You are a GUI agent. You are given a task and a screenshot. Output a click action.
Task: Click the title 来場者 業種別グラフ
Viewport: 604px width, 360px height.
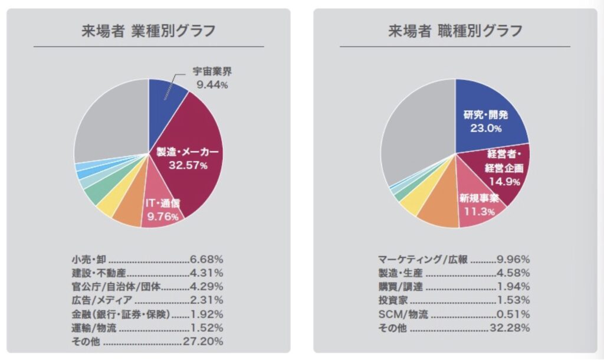148,31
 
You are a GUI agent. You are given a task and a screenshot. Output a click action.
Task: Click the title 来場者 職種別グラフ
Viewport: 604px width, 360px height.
455,31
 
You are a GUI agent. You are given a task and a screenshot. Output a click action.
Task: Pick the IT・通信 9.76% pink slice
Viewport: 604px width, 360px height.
160,210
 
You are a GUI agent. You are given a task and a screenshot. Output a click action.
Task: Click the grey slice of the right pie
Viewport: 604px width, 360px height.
413,130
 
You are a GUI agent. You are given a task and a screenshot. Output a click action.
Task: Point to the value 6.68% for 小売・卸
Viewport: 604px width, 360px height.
206,258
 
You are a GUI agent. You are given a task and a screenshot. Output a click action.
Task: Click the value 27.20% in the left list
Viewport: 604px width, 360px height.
203,341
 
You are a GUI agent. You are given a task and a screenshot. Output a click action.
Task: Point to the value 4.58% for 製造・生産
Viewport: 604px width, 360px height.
514,273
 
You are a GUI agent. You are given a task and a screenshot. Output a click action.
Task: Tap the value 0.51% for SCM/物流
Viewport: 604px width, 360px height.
514,314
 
